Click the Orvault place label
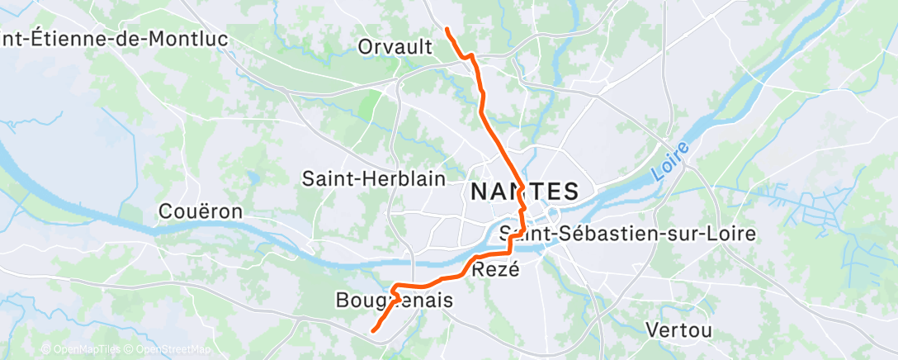click(395, 47)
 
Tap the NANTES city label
click(523, 192)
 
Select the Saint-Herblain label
click(374, 178)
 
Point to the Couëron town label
click(201, 211)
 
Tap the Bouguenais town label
click(395, 301)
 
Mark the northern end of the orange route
click(447, 30)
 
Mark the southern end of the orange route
click(373, 331)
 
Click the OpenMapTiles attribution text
click(79, 349)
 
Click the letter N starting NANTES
click(479, 192)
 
